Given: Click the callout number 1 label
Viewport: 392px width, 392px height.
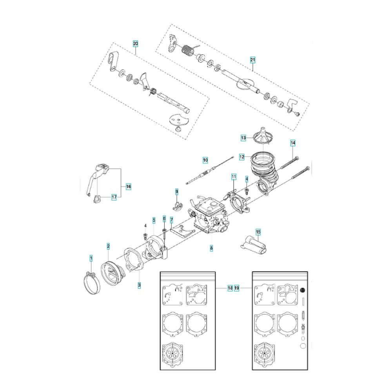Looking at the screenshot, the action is click(91, 258).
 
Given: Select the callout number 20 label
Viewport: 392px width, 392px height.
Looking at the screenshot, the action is click(135, 44).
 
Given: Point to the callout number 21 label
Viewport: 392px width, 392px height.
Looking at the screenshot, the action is click(253, 60).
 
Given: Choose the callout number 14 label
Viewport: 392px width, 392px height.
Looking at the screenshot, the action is click(293, 143).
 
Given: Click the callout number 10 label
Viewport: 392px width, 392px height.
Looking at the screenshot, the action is click(205, 160).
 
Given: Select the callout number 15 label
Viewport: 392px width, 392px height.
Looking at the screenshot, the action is click(258, 232).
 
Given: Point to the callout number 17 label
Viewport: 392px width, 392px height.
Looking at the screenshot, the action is click(114, 197).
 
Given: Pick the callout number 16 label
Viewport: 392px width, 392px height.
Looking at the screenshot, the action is click(128, 187).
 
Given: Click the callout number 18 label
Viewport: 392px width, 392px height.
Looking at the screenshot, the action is click(230, 288).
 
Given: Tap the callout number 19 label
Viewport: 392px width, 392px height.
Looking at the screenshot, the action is click(237, 288).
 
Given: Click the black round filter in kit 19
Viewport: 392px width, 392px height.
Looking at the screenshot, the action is click(303, 290).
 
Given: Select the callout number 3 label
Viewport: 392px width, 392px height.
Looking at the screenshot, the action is click(139, 285).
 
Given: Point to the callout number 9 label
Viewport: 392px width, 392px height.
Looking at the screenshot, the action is click(177, 192).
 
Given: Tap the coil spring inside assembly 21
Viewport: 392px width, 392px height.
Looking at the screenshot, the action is click(187, 51).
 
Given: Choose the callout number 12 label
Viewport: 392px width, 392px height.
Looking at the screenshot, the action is click(242, 157).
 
